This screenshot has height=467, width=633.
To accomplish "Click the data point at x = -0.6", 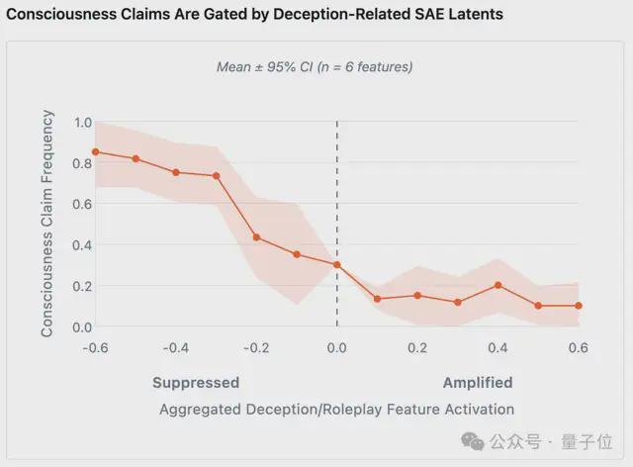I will click(x=96, y=152).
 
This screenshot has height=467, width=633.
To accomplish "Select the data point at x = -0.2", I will click(x=256, y=237).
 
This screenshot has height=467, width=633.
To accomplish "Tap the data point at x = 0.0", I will click(x=337, y=265).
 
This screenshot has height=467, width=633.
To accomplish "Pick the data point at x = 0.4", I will click(x=498, y=285).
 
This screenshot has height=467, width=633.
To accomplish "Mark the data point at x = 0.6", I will click(x=579, y=306).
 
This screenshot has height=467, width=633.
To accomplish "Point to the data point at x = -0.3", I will click(x=217, y=176).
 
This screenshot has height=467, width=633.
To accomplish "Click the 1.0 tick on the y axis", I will click(x=84, y=123).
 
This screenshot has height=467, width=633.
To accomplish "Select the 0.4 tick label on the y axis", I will click(x=84, y=245).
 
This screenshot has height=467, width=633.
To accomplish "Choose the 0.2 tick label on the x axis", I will click(x=417, y=348).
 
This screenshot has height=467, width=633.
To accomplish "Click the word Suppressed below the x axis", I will click(x=196, y=383).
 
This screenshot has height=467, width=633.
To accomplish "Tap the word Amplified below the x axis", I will click(x=478, y=383).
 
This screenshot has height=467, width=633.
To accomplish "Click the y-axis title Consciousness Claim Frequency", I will click(x=47, y=225).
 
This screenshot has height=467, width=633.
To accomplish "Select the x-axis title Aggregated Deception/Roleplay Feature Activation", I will click(x=336, y=409).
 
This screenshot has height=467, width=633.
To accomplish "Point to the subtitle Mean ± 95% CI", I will click(x=315, y=67).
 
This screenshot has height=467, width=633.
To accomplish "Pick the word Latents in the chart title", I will click(x=471, y=15).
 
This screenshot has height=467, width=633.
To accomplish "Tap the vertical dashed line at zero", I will click(x=337, y=198).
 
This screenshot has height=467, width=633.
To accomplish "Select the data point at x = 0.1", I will click(x=377, y=299).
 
